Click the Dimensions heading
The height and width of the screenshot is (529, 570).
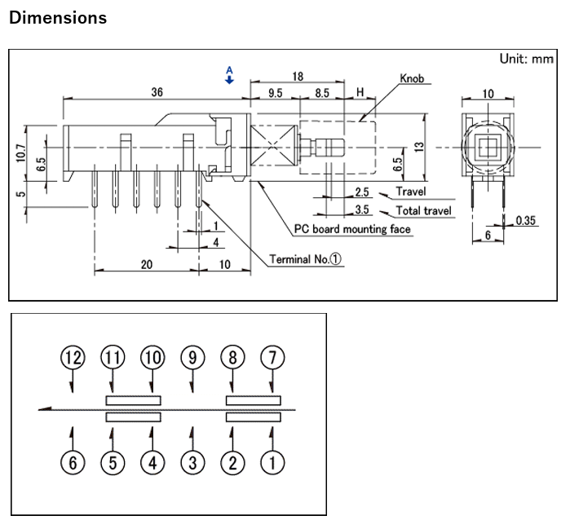(x=57, y=17)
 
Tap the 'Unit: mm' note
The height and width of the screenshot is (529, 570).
(x=526, y=59)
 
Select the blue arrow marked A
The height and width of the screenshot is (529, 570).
(x=229, y=77)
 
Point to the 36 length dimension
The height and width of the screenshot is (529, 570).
(x=157, y=92)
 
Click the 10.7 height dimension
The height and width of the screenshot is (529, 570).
(x=20, y=152)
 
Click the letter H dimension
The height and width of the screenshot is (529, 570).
(x=359, y=94)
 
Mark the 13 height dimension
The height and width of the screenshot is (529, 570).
(x=419, y=146)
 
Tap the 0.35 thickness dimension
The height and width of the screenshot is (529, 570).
(x=526, y=220)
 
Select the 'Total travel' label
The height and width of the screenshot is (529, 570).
(x=423, y=210)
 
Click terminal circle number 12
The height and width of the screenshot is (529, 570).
(x=73, y=357)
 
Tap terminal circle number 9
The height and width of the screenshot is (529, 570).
(x=192, y=357)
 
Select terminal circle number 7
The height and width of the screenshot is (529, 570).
(x=272, y=357)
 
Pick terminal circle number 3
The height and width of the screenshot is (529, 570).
(x=192, y=463)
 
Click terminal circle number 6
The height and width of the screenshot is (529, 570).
(x=73, y=463)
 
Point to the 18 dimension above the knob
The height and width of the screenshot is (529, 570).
(x=298, y=76)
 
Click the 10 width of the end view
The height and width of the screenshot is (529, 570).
(x=488, y=94)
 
